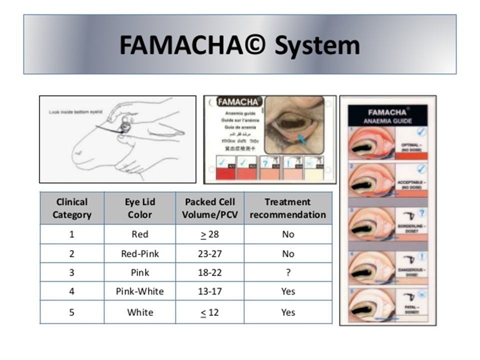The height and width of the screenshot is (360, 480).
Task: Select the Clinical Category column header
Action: tap(71, 208)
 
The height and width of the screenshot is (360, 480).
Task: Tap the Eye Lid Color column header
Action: tap(140, 208)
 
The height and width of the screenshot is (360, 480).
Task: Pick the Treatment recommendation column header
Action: tap(288, 208)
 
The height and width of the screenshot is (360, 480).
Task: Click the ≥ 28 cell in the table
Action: tap(210, 234)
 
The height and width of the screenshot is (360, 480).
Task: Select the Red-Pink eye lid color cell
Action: tap(140, 253)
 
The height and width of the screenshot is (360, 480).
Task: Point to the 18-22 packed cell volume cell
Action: tap(210, 272)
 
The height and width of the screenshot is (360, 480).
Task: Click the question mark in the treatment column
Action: tap(288, 272)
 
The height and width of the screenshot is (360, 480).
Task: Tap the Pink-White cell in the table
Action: tap(140, 291)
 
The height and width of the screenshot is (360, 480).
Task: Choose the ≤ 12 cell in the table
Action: tap(210, 312)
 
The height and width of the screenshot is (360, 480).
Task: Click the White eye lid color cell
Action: tap(140, 312)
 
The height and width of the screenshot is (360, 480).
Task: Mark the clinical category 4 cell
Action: tap(71, 291)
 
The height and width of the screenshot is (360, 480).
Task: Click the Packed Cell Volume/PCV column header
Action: tap(210, 208)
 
